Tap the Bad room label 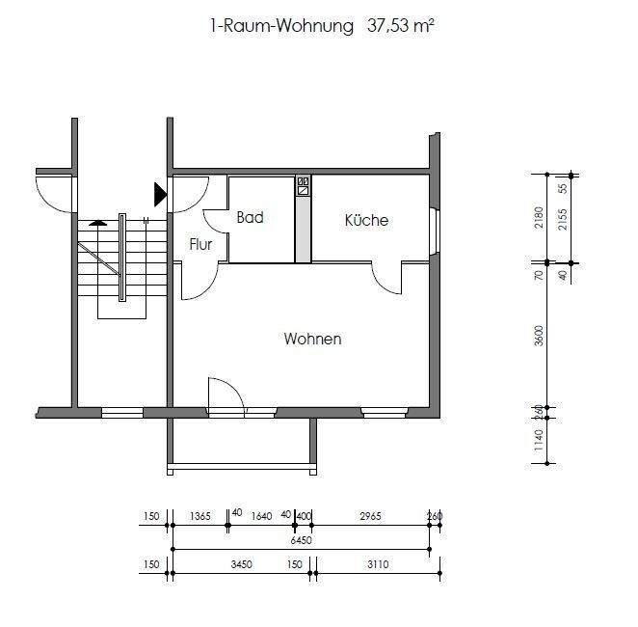pyautogui.click(x=250, y=218)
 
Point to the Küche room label pyautogui.click(x=366, y=221)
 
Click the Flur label pyautogui.click(x=200, y=245)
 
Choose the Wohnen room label pyautogui.click(x=312, y=340)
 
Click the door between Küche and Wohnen pyautogui.click(x=387, y=279)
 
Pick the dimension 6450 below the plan pyautogui.click(x=302, y=541)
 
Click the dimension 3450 pyautogui.click(x=240, y=565)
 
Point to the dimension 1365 pyautogui.click(x=199, y=517)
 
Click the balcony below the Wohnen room pyautogui.click(x=241, y=444)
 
